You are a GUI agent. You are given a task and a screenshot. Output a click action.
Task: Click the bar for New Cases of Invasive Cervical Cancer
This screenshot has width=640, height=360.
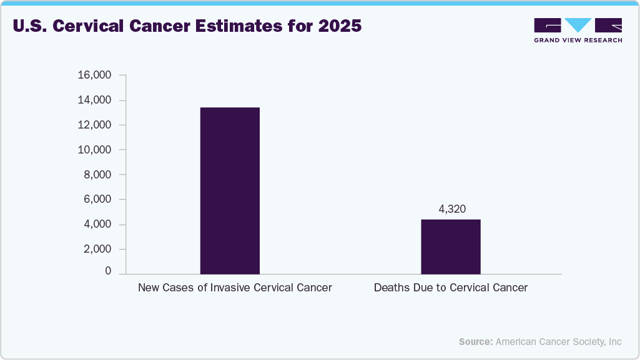pos(230,190)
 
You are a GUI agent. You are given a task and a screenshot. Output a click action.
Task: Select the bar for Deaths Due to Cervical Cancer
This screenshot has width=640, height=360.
pos(450,246)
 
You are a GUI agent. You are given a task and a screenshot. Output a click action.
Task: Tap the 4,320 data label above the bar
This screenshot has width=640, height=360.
pos(452,209)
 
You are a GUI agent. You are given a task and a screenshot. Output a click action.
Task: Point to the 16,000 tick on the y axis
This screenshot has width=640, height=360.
pos(94,75)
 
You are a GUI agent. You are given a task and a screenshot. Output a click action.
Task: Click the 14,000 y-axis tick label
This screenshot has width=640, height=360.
pos(94,100)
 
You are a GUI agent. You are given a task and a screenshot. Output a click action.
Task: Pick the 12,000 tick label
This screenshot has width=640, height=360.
pos(94,125)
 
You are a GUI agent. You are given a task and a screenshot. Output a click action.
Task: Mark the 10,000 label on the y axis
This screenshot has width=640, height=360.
pos(94,150)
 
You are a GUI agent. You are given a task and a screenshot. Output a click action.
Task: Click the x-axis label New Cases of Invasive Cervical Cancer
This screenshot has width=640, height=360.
pos(235,288)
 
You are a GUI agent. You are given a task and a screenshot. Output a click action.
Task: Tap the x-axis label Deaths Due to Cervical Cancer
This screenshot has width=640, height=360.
pos(451,288)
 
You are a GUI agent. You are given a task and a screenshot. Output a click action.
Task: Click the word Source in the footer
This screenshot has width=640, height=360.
pos(476,342)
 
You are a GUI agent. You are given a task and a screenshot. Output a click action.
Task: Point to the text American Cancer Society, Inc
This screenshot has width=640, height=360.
pos(559,342)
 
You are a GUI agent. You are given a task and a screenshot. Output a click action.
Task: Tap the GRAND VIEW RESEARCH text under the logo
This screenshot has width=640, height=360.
pos(578,40)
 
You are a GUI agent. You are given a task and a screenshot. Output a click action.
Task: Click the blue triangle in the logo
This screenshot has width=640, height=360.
pos(578,25)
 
